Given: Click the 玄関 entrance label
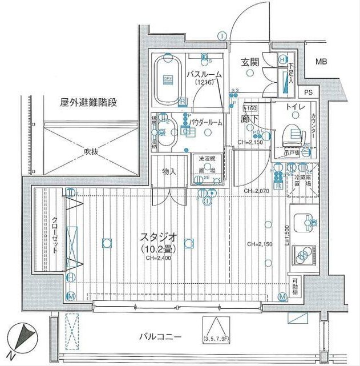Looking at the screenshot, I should point(250,62).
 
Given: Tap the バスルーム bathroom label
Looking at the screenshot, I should point(204,75).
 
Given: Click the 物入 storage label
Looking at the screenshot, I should point(169,171).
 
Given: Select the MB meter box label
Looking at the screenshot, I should point(322,62).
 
